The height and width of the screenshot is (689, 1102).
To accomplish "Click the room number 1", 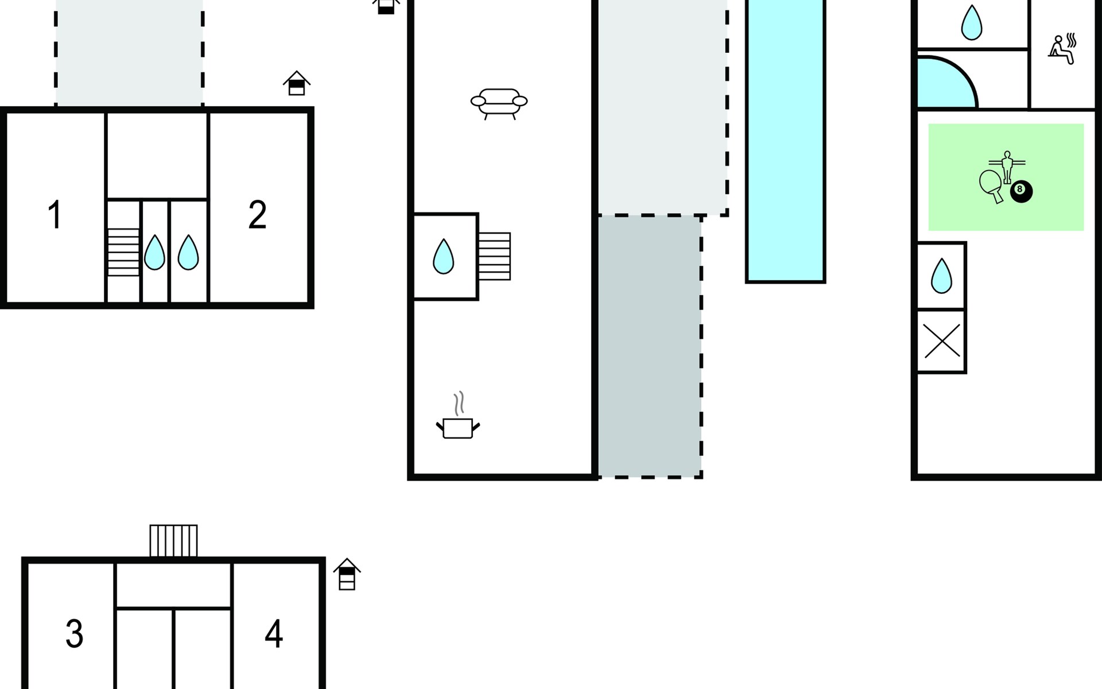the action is click(x=55, y=215).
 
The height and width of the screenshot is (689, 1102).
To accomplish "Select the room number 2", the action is click(x=257, y=215).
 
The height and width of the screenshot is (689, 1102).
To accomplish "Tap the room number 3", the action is click(x=75, y=634).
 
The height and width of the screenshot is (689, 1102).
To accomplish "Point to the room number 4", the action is click(x=274, y=634).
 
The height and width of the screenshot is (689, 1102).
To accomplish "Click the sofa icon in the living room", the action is click(x=499, y=103).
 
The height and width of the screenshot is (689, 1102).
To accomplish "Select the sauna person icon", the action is click(x=1062, y=49).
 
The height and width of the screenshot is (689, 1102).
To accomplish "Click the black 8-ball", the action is click(x=1021, y=191).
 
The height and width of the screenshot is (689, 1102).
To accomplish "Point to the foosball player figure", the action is click(x=1007, y=166).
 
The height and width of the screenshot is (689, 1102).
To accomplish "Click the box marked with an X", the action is click(x=941, y=341).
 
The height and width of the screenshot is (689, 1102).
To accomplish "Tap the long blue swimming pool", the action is click(x=785, y=141).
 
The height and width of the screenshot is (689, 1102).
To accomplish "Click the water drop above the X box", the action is click(x=941, y=276).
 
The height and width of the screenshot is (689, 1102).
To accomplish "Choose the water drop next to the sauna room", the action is click(x=971, y=23).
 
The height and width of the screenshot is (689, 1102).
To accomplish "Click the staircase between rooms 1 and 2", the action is click(x=123, y=252).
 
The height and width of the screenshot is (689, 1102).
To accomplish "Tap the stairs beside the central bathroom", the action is click(x=495, y=256).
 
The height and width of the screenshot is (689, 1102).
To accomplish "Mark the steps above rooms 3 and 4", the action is click(x=173, y=541).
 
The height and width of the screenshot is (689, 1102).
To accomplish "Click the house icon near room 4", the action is click(x=347, y=574).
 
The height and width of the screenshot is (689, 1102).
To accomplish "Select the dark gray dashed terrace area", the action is click(x=650, y=346).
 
